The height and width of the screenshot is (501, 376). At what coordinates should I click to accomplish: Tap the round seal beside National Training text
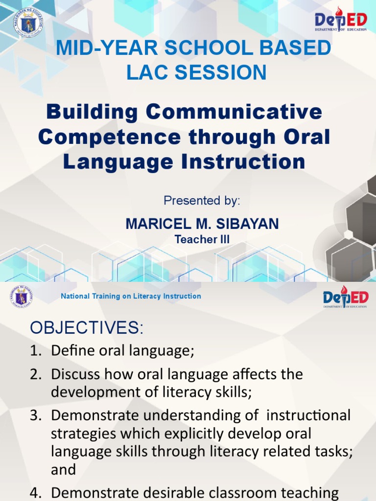click(21, 296)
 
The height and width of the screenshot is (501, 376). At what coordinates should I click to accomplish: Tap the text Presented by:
click(202, 201)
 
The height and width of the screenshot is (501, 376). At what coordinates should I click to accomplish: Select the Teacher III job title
click(202, 239)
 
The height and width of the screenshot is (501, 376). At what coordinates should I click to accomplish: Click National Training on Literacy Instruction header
click(131, 296)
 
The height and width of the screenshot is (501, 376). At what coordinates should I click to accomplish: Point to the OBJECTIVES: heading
click(87, 328)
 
